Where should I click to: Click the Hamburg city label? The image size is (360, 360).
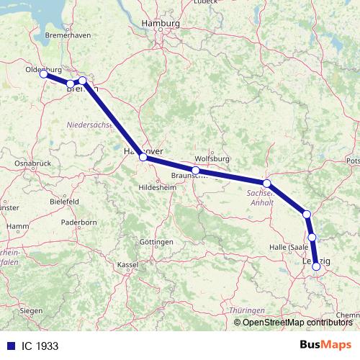coord(161,24)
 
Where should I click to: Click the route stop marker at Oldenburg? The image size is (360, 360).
coord(44,74)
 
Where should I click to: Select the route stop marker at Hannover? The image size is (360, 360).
coord(143,156)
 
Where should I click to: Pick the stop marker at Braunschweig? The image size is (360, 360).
coord(195,170)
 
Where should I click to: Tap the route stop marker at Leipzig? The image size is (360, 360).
coord(316,266)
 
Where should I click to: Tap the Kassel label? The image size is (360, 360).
coord(127,265)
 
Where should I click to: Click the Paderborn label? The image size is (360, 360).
coord(79,222)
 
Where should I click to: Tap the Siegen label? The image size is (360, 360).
coord(31,310)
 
